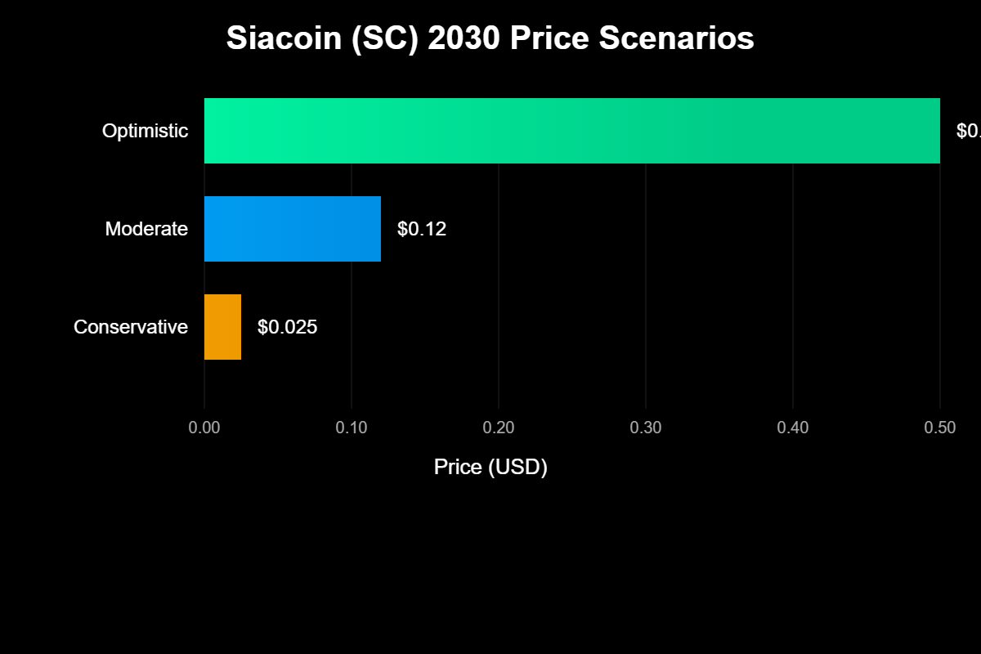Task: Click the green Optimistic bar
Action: coord(572,131)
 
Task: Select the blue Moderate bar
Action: coord(293,229)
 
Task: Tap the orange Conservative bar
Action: coord(222,327)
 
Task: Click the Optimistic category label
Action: coord(145,131)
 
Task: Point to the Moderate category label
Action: coord(146,229)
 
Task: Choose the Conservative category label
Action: coord(131,327)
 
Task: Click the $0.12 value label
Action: coord(422,229)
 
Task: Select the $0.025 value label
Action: coord(287,327)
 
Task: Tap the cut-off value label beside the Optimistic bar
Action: coord(969,131)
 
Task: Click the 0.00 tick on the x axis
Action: coord(204,428)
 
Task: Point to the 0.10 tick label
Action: coord(352,428)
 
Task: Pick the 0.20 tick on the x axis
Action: coord(499,428)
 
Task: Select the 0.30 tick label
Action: coord(646,428)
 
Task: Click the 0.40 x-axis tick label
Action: coord(793,428)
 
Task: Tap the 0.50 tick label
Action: coord(940,428)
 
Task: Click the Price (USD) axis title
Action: coord(490,467)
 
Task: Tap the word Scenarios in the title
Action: coord(677,38)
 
